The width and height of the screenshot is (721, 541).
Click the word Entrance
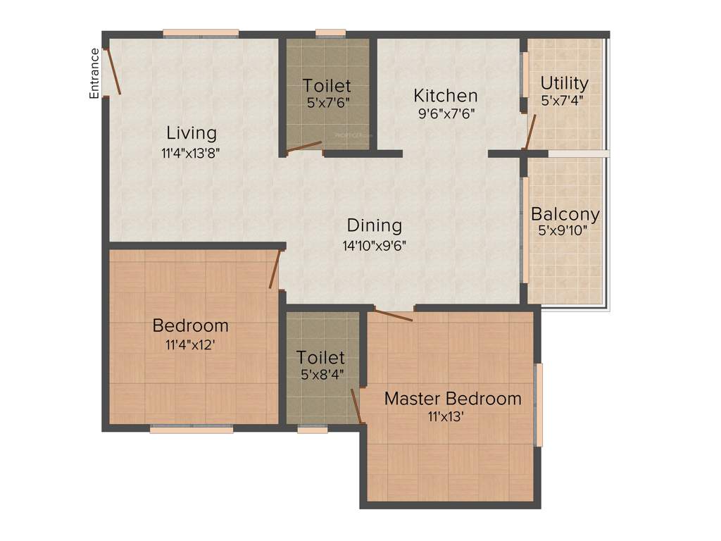pos(94,73)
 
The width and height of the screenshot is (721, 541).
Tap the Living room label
pos(192,132)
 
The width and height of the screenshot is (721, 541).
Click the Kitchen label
pos(446,95)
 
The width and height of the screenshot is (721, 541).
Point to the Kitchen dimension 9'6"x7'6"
pos(446,113)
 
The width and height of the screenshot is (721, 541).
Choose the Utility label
pos(565,84)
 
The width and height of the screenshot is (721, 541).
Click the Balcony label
pos(565,213)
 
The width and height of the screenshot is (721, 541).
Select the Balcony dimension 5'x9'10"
pos(565,230)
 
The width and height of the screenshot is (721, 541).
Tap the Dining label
pos(375,226)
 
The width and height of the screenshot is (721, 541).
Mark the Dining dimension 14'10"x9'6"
pos(375,245)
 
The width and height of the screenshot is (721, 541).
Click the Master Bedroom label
pos(453,399)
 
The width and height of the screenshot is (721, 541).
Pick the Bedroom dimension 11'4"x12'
pos(191,345)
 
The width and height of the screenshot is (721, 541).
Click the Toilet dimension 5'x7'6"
pos(327,102)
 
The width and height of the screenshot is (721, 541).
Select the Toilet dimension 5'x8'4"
pos(320,374)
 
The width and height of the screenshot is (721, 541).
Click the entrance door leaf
pos(113,71)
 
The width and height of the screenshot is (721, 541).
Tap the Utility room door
pos(531,132)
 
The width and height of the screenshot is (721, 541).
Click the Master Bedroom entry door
pos(393,316)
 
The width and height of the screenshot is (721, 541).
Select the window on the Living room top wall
pos(201,32)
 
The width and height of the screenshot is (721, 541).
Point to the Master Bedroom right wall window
pos(539,404)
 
